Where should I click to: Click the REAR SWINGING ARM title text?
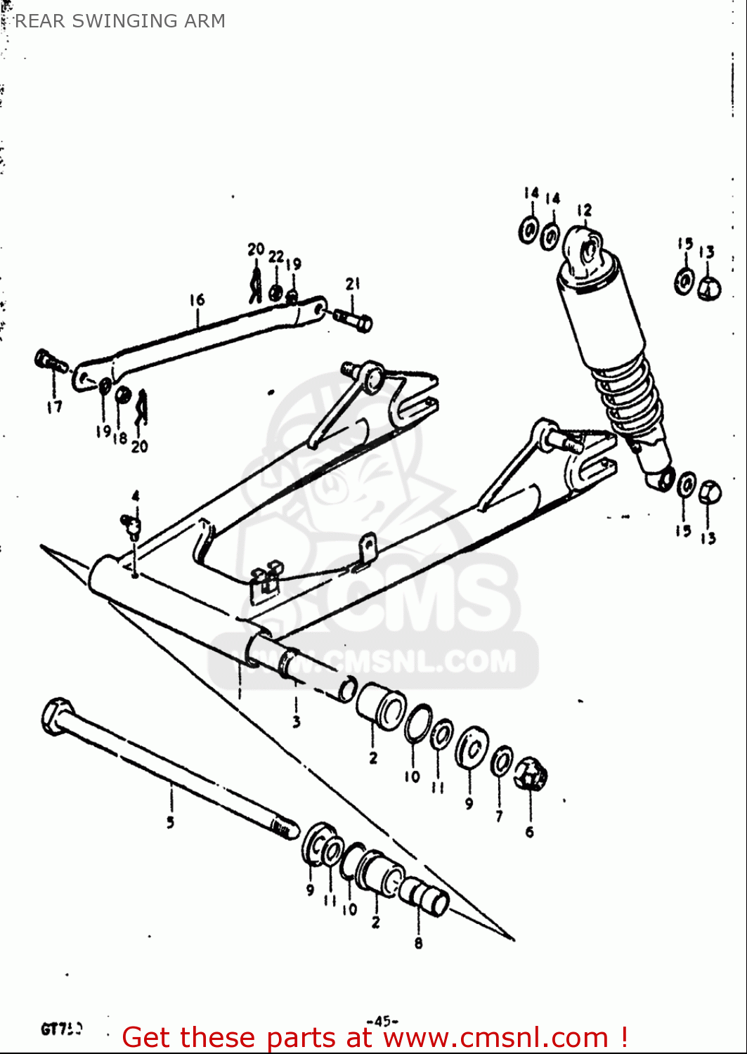click(x=119, y=21)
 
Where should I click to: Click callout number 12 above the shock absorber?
click(x=584, y=210)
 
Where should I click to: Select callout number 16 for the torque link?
click(x=197, y=300)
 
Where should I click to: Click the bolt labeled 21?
click(x=354, y=320)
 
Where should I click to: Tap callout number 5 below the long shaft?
click(x=171, y=821)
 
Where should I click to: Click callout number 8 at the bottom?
click(x=418, y=943)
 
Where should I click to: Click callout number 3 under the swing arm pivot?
click(x=297, y=722)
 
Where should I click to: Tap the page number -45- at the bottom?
click(x=382, y=1021)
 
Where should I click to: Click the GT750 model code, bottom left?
click(x=61, y=1029)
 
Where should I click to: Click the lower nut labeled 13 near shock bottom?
click(x=710, y=491)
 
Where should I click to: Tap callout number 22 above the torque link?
click(x=276, y=256)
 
